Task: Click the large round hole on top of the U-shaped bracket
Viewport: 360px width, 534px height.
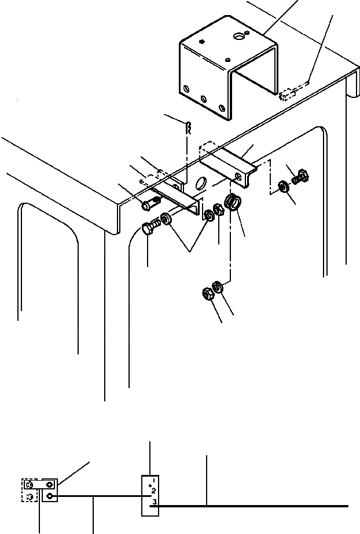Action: (239, 36)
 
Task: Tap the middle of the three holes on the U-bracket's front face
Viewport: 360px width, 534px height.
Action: (202, 98)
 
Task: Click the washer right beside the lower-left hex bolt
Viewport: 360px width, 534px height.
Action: (166, 220)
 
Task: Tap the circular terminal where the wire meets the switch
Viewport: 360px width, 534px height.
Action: (50, 496)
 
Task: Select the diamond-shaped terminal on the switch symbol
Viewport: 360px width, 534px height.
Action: (50, 484)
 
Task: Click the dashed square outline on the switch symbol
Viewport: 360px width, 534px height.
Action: (30, 490)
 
